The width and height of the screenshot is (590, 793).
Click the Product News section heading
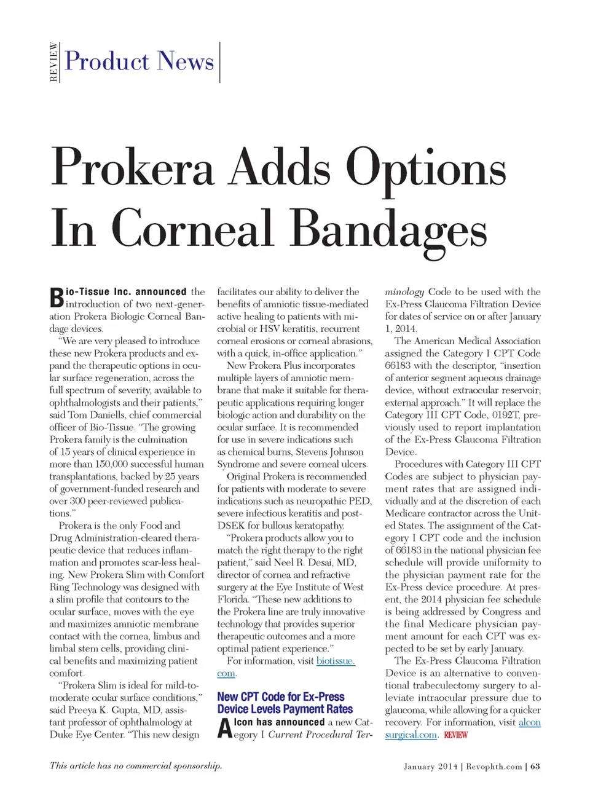coord(140,61)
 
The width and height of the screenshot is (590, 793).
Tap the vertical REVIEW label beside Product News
coord(54,62)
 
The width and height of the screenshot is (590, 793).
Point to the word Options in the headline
coord(426,167)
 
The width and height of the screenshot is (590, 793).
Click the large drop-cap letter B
coord(57,298)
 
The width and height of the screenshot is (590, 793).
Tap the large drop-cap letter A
coord(225,728)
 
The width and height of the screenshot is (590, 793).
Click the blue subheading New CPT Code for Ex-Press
coord(281,696)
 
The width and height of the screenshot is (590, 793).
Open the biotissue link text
coord(336,661)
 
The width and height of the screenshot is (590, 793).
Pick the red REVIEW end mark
coord(455,735)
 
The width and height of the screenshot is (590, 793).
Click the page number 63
coord(535,767)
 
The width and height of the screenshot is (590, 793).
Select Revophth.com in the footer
coord(494,767)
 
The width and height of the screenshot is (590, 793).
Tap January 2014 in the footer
coord(430,767)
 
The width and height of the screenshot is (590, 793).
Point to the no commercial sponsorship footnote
coord(136,766)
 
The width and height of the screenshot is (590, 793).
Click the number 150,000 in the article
coord(99,464)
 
